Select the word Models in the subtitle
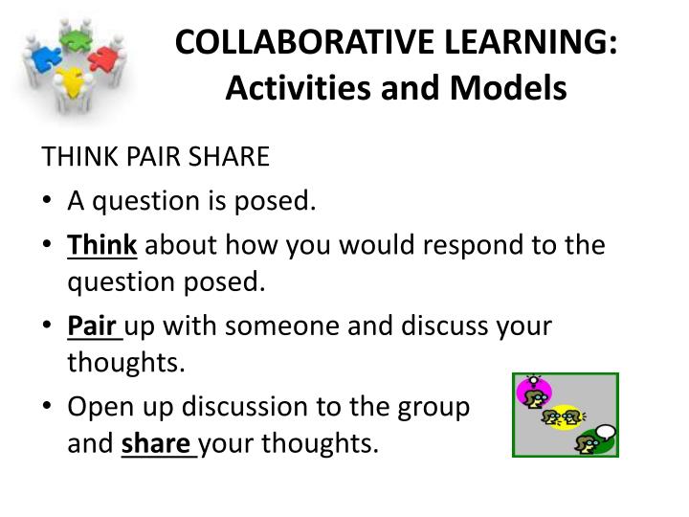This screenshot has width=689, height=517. coord(508,87)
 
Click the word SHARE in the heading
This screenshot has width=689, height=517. coord(229,156)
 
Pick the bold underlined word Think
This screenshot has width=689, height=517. coord(102,245)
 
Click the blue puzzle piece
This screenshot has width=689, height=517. coord(47,58)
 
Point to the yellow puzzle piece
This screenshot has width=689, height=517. coord(71,81)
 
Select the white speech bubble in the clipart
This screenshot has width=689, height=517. coord(607,432)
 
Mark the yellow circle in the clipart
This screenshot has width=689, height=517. coord(565,416)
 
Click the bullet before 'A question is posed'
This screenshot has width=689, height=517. coord(47,200)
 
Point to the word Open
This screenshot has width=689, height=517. coord(100,407)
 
